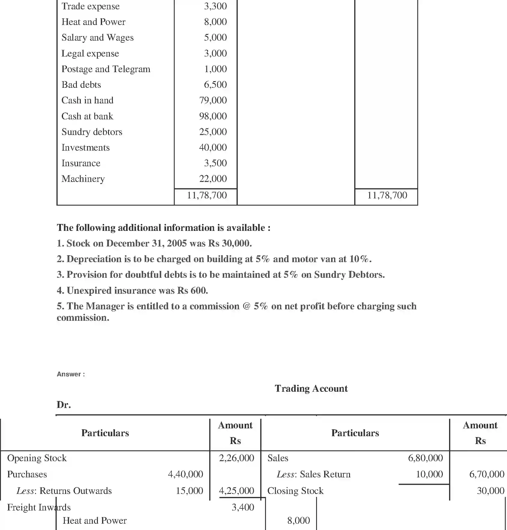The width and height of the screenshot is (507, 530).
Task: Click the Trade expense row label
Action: (90, 6)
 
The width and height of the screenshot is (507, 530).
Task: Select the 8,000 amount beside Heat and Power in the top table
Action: (215, 22)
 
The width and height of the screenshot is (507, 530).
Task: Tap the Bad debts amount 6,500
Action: (215, 85)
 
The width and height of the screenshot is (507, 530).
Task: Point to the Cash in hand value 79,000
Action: (213, 100)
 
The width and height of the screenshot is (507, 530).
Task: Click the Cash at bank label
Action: (87, 116)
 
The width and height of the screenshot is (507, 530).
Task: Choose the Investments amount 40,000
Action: (213, 148)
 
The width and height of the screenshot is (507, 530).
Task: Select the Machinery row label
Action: (83, 179)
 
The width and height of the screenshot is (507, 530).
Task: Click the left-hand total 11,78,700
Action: (207, 195)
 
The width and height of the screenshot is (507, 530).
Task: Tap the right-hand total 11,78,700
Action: (387, 195)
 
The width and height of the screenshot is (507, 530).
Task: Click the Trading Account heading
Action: (311, 388)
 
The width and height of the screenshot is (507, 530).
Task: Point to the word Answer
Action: (69, 374)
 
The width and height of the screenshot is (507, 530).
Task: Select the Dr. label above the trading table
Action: (64, 405)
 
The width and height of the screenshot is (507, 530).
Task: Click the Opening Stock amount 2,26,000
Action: (236, 458)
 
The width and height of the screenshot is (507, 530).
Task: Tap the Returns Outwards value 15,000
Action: (189, 491)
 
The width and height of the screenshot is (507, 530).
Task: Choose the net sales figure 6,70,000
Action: (486, 474)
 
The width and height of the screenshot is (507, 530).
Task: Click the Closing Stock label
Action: (295, 491)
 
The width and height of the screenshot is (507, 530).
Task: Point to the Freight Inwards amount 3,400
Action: (243, 507)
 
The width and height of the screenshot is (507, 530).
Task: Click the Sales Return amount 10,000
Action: (429, 474)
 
